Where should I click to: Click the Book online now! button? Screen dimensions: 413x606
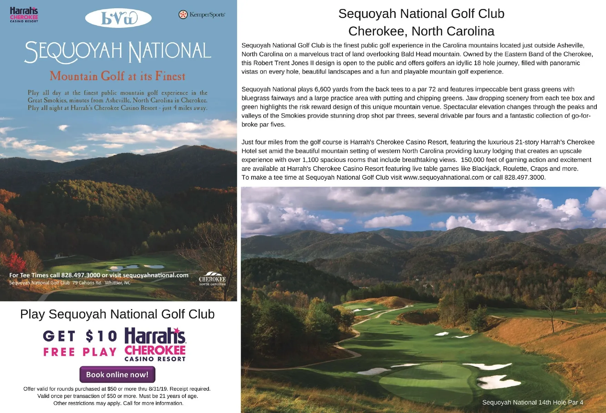pyautogui.click(x=117, y=374)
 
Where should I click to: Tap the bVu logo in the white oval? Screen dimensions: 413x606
pyautogui.click(x=118, y=18)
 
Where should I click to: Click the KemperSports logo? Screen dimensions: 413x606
pyautogui.click(x=202, y=14)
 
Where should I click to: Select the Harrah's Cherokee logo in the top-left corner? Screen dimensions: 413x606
pyautogui.click(x=24, y=15)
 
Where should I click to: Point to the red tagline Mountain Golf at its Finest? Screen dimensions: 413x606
pyautogui.click(x=118, y=76)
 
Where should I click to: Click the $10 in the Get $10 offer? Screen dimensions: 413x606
pyautogui.click(x=101, y=336)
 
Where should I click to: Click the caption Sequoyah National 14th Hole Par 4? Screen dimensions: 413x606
pyautogui.click(x=533, y=402)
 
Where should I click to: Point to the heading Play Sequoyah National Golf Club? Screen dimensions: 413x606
pyautogui.click(x=117, y=314)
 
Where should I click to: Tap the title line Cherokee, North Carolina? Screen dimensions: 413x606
pyautogui.click(x=421, y=31)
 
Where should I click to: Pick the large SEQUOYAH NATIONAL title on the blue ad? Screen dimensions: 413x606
pyautogui.click(x=118, y=52)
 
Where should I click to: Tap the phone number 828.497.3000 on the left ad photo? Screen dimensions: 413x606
pyautogui.click(x=81, y=275)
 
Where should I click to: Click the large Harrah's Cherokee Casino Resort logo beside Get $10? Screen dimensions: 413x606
pyautogui.click(x=155, y=344)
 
